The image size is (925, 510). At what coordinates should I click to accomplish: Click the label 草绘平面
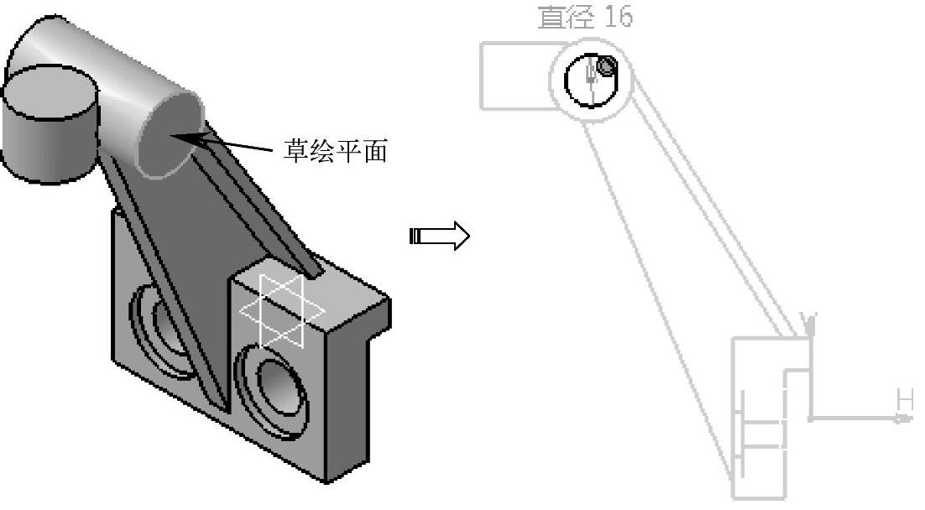tap(335, 152)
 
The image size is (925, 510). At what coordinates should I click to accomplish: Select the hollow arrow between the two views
tap(439, 236)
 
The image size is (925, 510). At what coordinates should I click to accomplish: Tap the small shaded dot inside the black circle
tap(606, 65)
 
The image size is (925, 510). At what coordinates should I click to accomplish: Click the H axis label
tap(904, 399)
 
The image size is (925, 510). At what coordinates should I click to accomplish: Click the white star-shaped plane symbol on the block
tap(282, 310)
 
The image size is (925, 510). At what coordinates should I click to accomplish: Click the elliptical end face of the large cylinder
tap(169, 134)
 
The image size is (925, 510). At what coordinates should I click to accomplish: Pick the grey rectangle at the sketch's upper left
tap(512, 75)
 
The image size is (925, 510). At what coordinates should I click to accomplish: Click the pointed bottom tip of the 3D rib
tap(226, 410)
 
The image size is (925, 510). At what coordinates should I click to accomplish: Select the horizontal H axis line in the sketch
tap(856, 418)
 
